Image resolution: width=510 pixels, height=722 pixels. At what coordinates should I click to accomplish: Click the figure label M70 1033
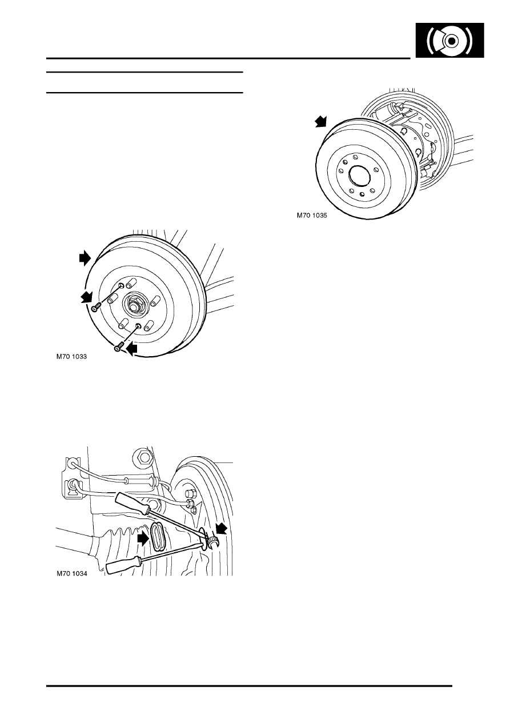[x=71, y=357]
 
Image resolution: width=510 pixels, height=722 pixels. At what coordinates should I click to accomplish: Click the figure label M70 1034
[x=71, y=574]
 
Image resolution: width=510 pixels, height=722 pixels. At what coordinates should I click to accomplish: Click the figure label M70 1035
[x=312, y=216]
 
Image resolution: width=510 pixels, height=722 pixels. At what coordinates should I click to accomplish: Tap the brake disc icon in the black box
[x=450, y=41]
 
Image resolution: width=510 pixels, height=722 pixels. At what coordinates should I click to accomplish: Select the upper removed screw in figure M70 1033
[x=97, y=308]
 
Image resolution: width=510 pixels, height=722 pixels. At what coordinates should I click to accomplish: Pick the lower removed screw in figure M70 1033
[x=118, y=347]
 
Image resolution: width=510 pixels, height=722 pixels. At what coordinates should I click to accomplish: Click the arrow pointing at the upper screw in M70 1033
[x=87, y=297]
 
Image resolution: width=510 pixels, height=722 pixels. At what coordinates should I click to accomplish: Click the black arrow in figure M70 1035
[x=320, y=122]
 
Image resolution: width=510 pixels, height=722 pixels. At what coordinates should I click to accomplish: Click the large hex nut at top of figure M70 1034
[x=143, y=456]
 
